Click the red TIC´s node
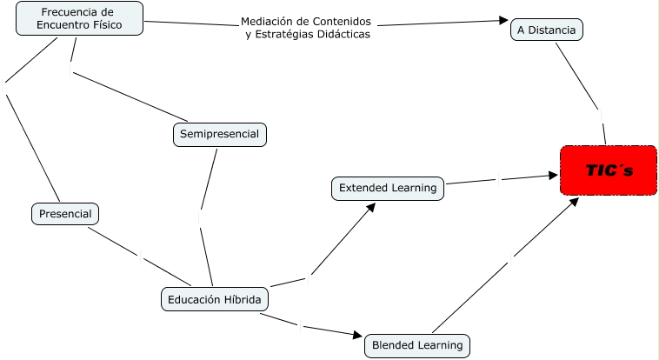coord(609,170)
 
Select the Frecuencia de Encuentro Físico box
coord(80,19)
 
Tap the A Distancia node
coord(546,30)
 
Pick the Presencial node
coord(65,213)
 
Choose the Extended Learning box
coord(388,187)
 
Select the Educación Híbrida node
coord(214,299)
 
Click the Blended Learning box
coord(417,345)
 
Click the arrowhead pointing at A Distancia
coord(503,20)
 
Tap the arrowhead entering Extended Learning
coord(372,207)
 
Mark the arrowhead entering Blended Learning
coord(356,335)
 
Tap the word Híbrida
coord(241,299)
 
